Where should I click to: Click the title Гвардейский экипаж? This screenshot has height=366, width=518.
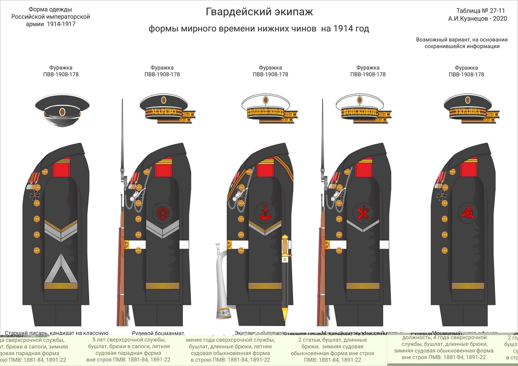point(259,12)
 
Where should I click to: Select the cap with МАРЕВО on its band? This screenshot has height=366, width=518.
point(163,107)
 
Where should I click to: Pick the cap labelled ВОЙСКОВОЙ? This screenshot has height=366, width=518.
point(359,108)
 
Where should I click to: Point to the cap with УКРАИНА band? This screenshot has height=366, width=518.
point(469,107)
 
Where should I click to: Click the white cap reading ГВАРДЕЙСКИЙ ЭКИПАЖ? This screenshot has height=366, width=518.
point(265,108)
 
